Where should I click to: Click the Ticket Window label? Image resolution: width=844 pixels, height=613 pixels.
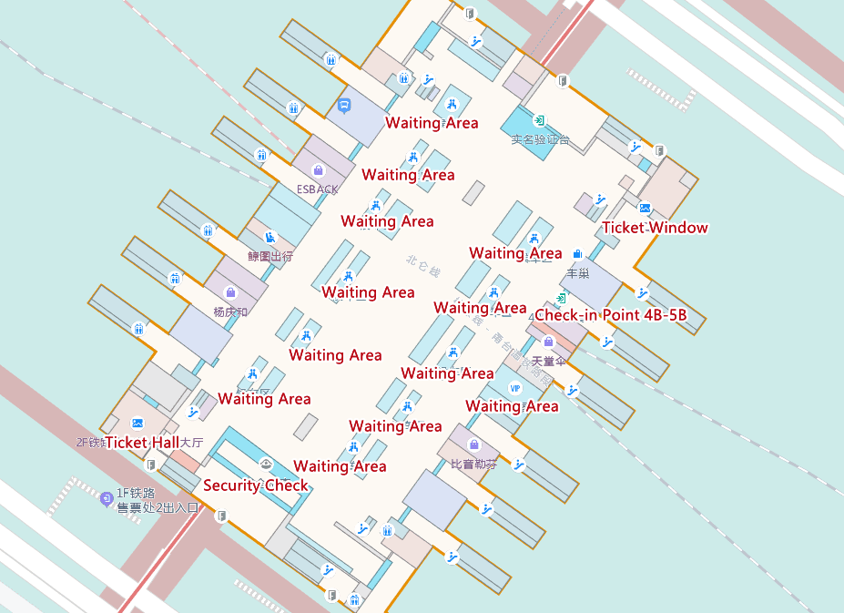click(655, 228)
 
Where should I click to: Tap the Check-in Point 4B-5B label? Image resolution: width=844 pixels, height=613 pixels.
click(609, 315)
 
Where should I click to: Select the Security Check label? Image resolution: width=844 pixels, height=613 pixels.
click(255, 485)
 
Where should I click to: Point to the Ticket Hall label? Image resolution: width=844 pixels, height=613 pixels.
click(142, 443)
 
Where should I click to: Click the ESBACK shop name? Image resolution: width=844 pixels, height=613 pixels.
click(317, 189)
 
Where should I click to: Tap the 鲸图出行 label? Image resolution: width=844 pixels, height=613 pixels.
click(270, 257)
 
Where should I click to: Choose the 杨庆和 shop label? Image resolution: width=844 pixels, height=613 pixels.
click(230, 312)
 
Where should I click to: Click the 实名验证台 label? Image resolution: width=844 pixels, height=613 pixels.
click(540, 140)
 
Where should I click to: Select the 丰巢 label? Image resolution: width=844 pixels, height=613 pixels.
click(577, 273)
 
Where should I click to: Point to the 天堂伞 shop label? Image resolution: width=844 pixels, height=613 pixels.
click(548, 362)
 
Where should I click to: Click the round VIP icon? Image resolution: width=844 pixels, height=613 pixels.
click(514, 388)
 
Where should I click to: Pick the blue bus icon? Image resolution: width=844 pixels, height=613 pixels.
click(344, 105)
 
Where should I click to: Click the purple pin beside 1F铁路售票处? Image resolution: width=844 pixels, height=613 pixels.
click(107, 498)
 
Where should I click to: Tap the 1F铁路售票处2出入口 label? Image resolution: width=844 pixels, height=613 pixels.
click(158, 501)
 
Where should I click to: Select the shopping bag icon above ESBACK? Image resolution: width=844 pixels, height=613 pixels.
click(318, 170)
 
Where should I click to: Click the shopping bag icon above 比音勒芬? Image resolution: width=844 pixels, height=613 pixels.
click(473, 444)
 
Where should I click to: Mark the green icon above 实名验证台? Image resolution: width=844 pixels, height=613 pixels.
click(539, 120)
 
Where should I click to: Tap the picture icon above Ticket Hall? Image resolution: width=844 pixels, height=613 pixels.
click(137, 423)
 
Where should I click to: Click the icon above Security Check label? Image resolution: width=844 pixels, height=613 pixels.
click(266, 464)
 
